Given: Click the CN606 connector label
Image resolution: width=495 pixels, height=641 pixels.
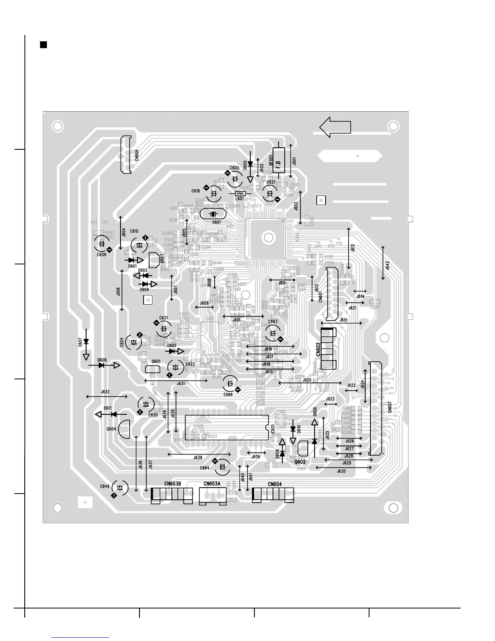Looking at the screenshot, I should (x=137, y=155).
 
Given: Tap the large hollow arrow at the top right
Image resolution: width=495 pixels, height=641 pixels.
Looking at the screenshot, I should (x=335, y=127).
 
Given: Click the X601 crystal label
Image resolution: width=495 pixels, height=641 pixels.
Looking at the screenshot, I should (x=216, y=222).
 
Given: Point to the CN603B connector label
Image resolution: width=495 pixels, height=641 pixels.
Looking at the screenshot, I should (x=172, y=484).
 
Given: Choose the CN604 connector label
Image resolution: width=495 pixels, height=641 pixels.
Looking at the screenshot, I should (x=275, y=484).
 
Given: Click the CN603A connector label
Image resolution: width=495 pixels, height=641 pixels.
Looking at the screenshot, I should (x=212, y=484).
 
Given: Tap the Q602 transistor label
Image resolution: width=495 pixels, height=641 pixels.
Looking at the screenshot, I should (x=300, y=462).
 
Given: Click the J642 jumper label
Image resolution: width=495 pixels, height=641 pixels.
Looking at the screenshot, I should (x=387, y=265).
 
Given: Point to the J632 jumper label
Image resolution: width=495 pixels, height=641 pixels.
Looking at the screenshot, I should (x=105, y=392).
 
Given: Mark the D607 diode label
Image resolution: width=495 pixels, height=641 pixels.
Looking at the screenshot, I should (x=80, y=342).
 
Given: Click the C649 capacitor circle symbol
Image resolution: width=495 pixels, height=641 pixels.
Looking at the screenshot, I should (x=120, y=488).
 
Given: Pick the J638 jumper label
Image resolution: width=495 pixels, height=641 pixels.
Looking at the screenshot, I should (x=198, y=458).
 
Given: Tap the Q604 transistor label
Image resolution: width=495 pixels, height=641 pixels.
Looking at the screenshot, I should (x=111, y=429).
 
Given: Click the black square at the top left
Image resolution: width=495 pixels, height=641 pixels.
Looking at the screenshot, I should (x=44, y=45).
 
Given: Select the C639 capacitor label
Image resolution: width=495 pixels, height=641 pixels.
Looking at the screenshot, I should (x=101, y=255).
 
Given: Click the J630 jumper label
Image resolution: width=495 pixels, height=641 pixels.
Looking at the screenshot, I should (x=341, y=471).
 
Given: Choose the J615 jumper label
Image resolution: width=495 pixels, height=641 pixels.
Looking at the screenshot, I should (x=343, y=320).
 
